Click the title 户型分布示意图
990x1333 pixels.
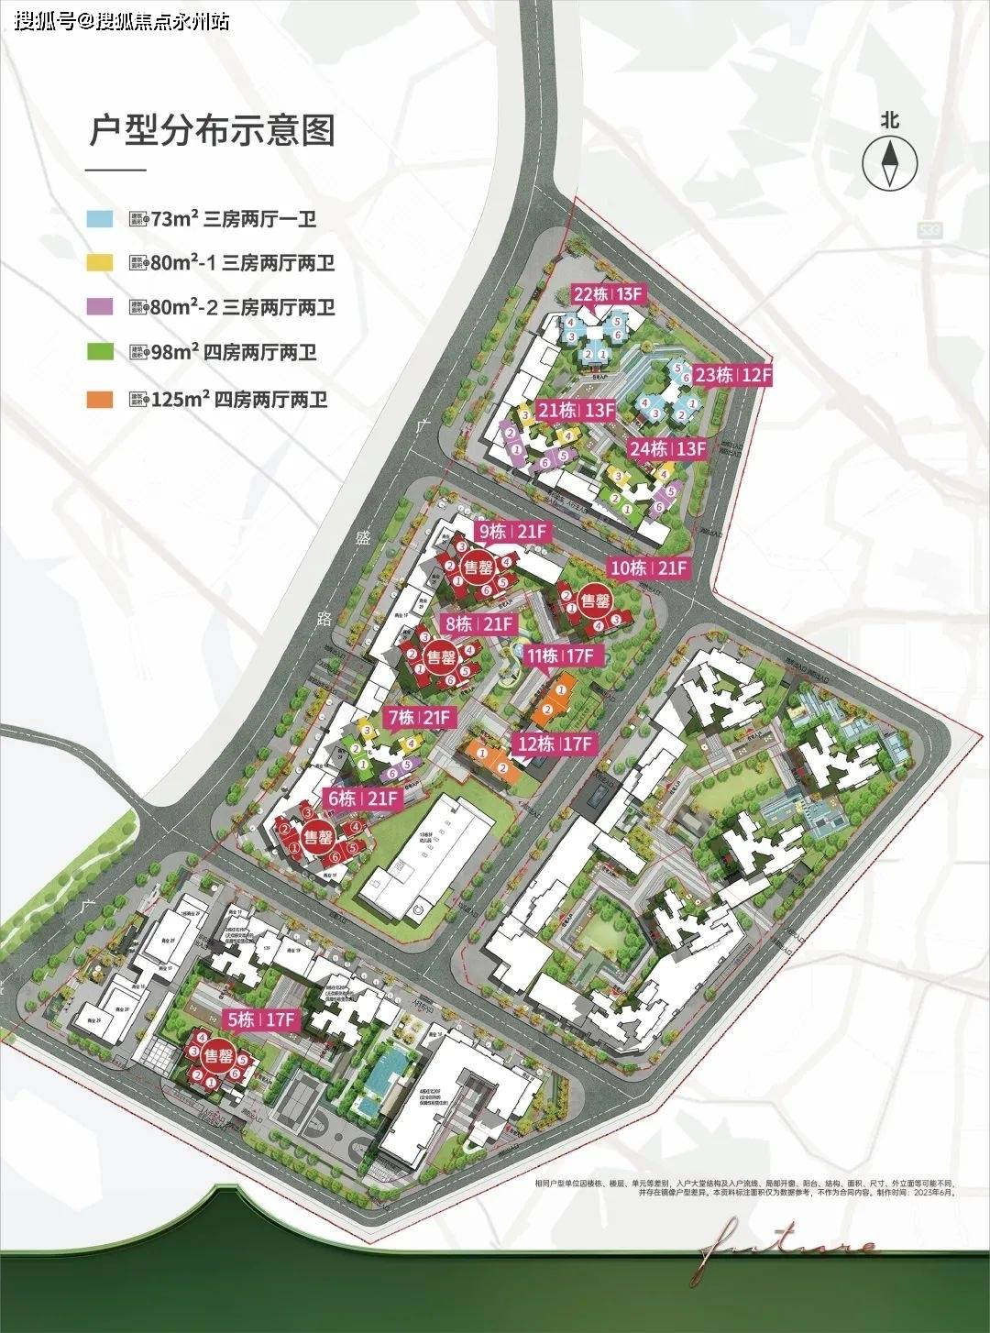point(212,131)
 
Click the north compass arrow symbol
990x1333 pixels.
point(889,163)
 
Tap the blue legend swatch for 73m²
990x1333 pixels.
point(100,219)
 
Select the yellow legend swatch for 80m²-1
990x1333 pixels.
point(100,263)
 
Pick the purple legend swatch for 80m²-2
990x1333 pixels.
point(100,307)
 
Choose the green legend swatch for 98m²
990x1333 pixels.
point(100,352)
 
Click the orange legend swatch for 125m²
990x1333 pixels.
point(100,399)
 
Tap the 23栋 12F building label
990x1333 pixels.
point(733,375)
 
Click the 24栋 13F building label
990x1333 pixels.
point(667,449)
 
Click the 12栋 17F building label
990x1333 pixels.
point(555,744)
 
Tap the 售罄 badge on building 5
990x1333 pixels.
point(217,1054)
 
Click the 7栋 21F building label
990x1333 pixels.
point(419,718)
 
